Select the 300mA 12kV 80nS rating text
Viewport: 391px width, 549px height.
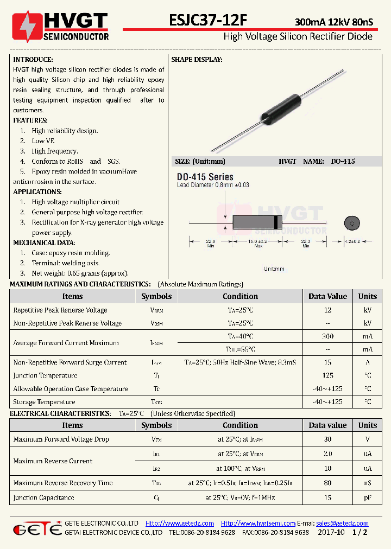[333, 22]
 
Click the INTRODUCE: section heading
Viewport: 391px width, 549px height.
[33, 59]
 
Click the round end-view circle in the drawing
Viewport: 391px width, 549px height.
[351, 223]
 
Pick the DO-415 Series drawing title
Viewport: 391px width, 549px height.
[205, 177]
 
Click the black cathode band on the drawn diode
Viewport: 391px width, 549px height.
[277, 222]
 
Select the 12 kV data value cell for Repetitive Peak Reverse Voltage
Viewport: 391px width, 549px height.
[327, 310]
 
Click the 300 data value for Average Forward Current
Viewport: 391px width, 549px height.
[327, 336]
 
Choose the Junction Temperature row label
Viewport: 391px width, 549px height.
[45, 375]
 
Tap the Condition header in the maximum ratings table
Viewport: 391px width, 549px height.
[240, 296]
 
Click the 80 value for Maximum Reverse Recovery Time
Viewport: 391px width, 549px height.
[327, 483]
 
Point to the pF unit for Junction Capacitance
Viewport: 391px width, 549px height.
[368, 497]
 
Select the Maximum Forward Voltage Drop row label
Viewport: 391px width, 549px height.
[61, 439]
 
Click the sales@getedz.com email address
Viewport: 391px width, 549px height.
[342, 524]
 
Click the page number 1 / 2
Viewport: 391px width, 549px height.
[360, 533]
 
